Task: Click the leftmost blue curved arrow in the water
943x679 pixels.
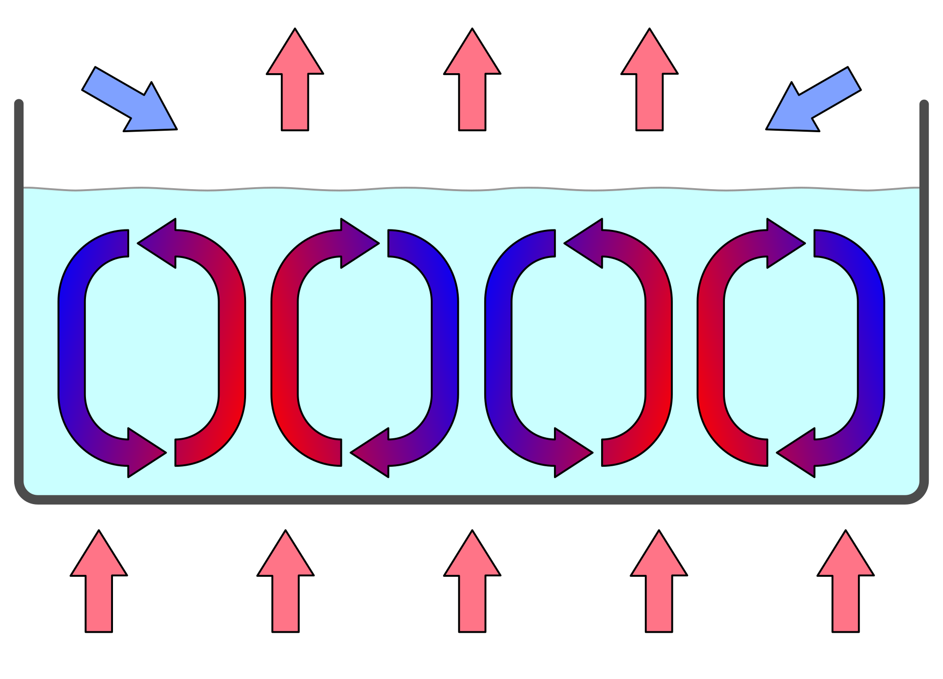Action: tap(72, 344)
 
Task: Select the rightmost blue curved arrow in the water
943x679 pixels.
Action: tap(871, 344)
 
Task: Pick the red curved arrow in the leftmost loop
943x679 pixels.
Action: tap(232, 344)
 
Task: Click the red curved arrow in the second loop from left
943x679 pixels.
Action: tap(285, 344)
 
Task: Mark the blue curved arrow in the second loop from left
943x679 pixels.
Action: tap(445, 344)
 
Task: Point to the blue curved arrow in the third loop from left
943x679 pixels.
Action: tap(498, 344)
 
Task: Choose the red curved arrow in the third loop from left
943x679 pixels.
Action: tap(659, 344)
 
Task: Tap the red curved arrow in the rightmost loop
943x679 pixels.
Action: tap(711, 344)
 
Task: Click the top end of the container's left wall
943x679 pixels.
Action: tap(19, 104)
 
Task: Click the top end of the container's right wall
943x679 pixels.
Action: tap(924, 104)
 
